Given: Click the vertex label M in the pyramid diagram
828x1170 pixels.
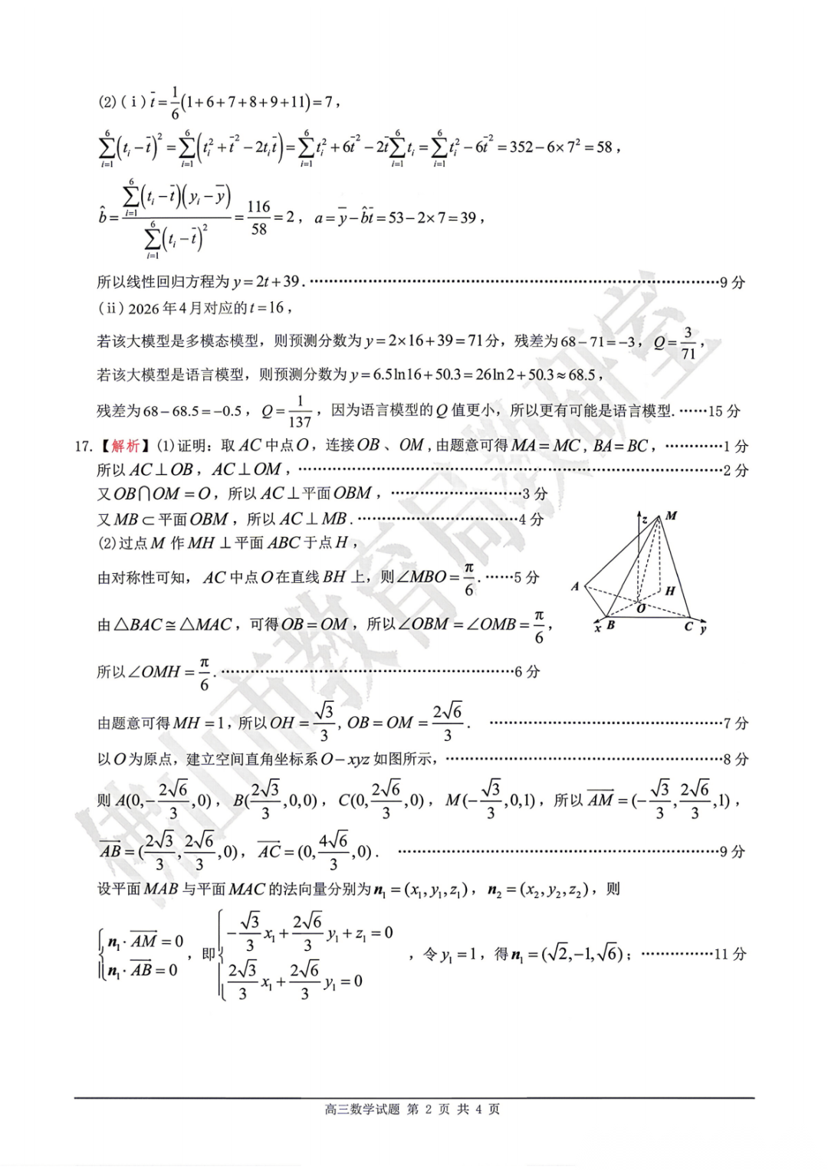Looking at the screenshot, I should [672, 516].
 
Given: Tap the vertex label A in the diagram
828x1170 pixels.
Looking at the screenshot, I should [575, 587].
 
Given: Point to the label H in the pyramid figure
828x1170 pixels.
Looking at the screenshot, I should [669, 591].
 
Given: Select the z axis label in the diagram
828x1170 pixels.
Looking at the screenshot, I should [645, 520].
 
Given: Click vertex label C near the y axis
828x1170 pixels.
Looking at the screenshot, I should [688, 627].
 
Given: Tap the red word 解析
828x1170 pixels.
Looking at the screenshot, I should [126, 446].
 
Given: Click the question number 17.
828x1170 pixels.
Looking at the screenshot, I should [83, 446].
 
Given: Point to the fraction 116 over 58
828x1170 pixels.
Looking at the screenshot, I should [258, 218].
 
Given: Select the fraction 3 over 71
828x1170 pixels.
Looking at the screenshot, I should [688, 342].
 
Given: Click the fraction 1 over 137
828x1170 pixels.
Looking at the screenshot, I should [300, 411].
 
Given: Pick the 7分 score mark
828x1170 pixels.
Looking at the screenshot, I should [736, 723].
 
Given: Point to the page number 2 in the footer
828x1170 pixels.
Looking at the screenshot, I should [429, 1109].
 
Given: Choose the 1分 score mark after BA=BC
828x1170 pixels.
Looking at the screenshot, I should [736, 446].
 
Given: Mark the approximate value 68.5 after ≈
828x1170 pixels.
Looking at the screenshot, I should [582, 375].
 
